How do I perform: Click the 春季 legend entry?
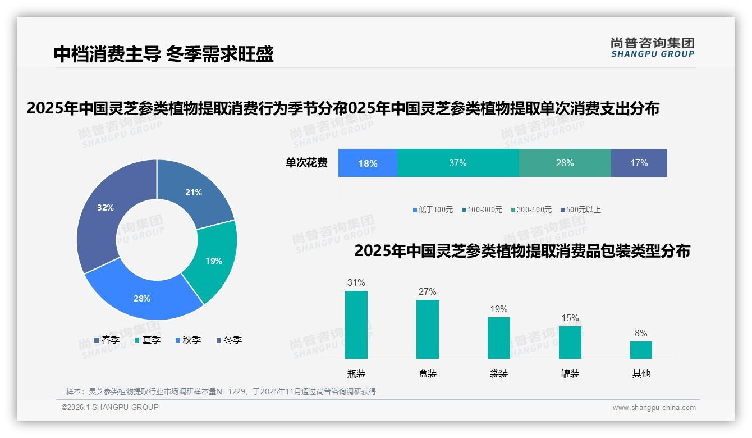pyautogui.click(x=107, y=340)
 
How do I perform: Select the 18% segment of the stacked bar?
pyautogui.click(x=368, y=163)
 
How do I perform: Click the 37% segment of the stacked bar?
pyautogui.click(x=457, y=163)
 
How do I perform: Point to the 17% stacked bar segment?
pyautogui.click(x=639, y=163)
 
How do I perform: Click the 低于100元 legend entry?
pyautogui.click(x=433, y=209)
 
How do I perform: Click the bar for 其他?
pyautogui.click(x=641, y=350)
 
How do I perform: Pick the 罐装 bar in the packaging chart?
pyautogui.click(x=570, y=342)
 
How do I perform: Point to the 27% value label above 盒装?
pyautogui.click(x=427, y=291)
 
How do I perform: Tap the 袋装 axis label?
pyautogui.click(x=499, y=373)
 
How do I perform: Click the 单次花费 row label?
pyautogui.click(x=306, y=163)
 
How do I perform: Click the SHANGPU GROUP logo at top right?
pyautogui.click(x=653, y=47)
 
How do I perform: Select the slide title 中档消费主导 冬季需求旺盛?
pyautogui.click(x=163, y=54)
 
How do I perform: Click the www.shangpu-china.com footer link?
pyautogui.click(x=654, y=408)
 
